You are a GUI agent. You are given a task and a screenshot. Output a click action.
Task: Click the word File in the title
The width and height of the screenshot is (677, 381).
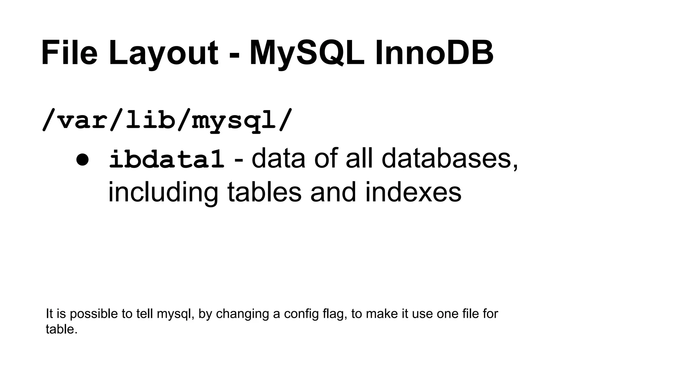tap(69, 53)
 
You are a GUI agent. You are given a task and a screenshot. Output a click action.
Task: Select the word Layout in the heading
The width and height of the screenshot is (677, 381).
tap(163, 53)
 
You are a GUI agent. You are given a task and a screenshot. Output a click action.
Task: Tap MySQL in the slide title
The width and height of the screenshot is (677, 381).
tap(307, 53)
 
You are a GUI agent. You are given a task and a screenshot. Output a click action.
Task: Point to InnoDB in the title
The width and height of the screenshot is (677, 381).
tap(434, 53)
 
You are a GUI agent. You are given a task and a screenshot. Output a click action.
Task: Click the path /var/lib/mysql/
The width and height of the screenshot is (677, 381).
tap(167, 120)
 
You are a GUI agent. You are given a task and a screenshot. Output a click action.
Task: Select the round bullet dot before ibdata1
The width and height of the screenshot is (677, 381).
tap(82, 160)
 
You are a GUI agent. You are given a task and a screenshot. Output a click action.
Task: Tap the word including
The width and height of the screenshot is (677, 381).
tap(163, 193)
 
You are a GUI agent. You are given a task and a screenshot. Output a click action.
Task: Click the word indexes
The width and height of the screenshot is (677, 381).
tap(413, 192)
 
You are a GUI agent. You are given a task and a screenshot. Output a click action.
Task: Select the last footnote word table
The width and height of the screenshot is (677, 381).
tap(61, 329)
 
